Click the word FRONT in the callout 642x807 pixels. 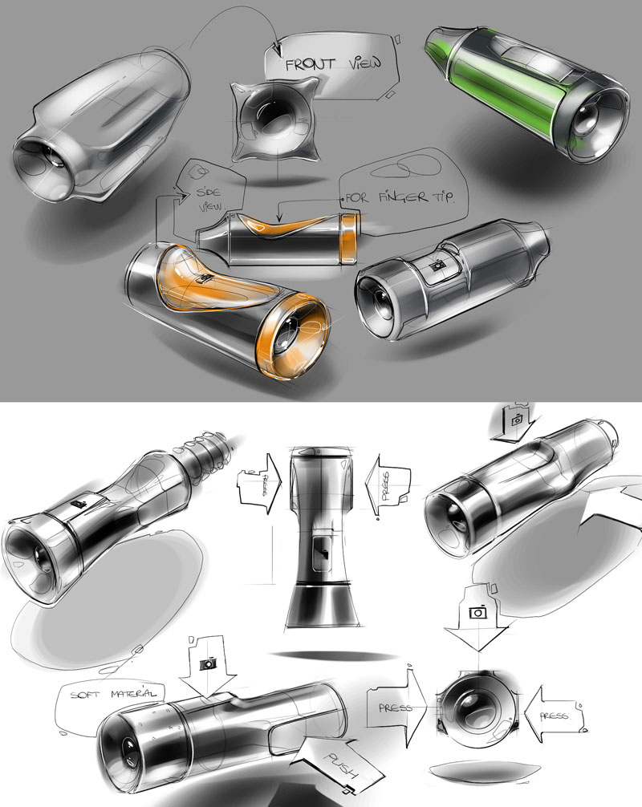click(x=311, y=64)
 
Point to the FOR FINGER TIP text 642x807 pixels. click(x=400, y=197)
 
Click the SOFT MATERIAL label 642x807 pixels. click(x=112, y=694)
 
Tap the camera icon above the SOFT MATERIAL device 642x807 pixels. click(x=208, y=663)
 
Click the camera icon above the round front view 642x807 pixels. click(x=477, y=612)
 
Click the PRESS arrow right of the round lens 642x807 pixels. click(x=555, y=715)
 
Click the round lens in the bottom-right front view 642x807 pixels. click(x=477, y=711)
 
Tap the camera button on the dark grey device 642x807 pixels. click(x=439, y=266)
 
